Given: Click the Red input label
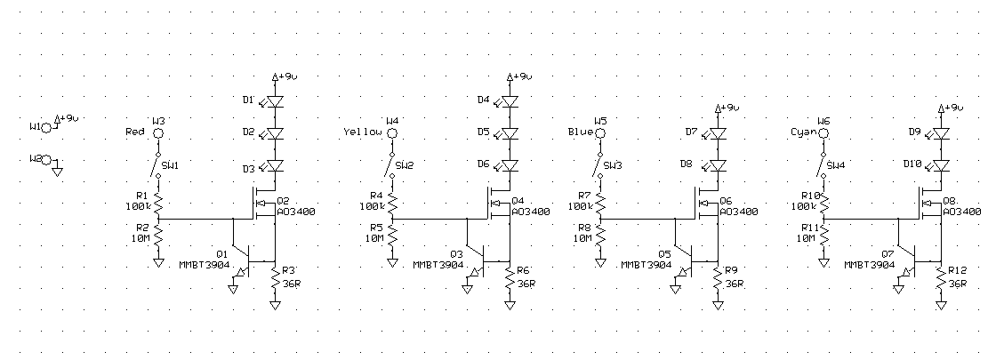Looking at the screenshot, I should coord(136,132).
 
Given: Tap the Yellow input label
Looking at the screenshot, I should coord(362,132).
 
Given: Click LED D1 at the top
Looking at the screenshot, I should coord(275,100).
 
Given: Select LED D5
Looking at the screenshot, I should coord(510,133).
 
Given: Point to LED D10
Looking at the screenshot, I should coord(942,165).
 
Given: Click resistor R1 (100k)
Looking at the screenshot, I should coord(158,203).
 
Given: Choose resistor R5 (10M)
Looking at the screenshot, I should coord(393,236).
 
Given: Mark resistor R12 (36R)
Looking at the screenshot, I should coord(942,277).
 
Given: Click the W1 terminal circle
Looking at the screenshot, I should coord(48,128).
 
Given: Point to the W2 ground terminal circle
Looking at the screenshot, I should coord(48,160).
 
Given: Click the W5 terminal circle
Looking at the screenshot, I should coord(599,133).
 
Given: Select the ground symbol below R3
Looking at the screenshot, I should coord(275,305).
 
